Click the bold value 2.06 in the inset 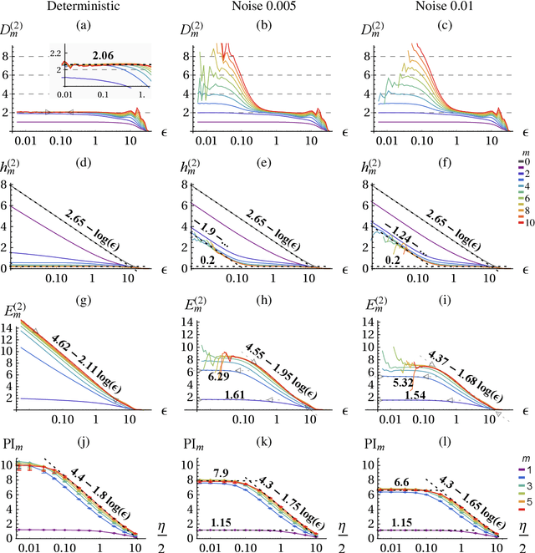click(x=103, y=54)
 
